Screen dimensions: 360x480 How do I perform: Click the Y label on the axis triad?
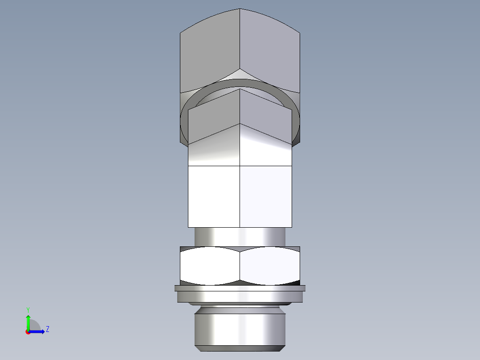click(x=28, y=309)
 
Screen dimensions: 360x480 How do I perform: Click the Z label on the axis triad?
click(x=47, y=329)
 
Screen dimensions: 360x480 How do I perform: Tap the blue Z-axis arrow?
click(x=38, y=331)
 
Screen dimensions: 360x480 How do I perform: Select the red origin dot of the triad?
click(x=28, y=332)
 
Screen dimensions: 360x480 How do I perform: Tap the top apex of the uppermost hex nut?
click(x=240, y=9)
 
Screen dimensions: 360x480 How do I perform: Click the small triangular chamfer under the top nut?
click(x=240, y=74)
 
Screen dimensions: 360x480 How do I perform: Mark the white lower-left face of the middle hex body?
click(x=214, y=196)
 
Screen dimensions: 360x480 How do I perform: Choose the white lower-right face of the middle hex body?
click(x=266, y=196)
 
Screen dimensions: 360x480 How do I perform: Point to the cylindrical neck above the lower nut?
click(x=240, y=236)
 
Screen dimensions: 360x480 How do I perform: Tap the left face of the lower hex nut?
click(x=209, y=266)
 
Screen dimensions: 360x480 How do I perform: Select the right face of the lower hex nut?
click(x=269, y=266)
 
